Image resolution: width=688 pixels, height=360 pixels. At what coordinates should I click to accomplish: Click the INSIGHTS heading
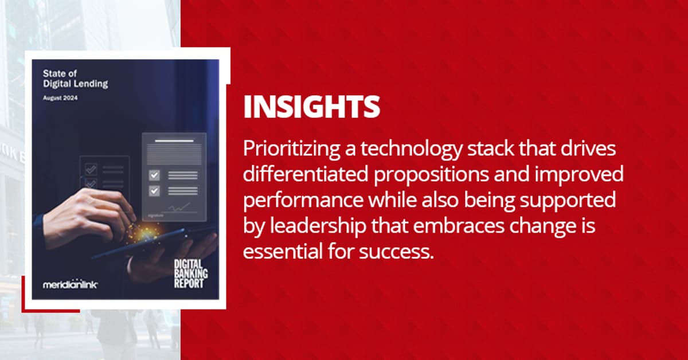click(311, 107)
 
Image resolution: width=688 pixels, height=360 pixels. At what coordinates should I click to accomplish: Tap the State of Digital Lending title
click(75, 79)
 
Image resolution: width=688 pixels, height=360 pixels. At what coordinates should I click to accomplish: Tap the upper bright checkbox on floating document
click(154, 175)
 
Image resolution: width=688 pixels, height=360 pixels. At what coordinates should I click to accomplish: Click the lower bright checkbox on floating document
click(154, 191)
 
